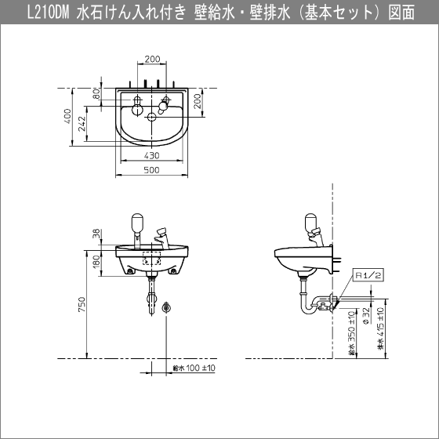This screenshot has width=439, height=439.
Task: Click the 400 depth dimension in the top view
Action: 69,117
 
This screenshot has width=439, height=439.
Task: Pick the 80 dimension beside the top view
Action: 96,95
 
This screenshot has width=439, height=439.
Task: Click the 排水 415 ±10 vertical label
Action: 380,328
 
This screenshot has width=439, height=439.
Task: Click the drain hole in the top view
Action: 152,118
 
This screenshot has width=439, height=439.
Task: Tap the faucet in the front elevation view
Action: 162,235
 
